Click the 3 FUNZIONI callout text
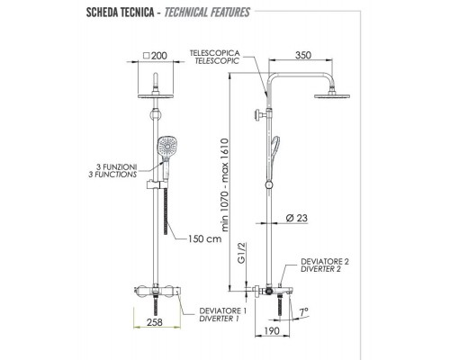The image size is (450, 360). pos(117,166)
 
